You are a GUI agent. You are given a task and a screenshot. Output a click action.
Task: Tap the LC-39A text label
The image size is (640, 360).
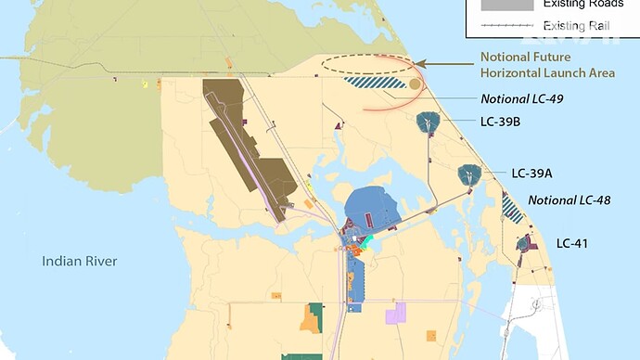point(532,173)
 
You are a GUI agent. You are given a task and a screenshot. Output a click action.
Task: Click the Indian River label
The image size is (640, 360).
point(80,262)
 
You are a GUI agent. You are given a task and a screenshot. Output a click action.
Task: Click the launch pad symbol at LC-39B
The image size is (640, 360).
point(429,122)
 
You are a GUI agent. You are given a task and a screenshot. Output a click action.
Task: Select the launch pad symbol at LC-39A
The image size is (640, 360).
point(469,174)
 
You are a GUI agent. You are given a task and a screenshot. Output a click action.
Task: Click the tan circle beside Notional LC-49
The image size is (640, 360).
point(415,84)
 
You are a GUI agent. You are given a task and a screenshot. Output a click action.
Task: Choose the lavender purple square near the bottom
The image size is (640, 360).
point(396,313)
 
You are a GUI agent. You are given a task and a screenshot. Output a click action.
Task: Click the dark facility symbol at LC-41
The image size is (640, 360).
point(524,244)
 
